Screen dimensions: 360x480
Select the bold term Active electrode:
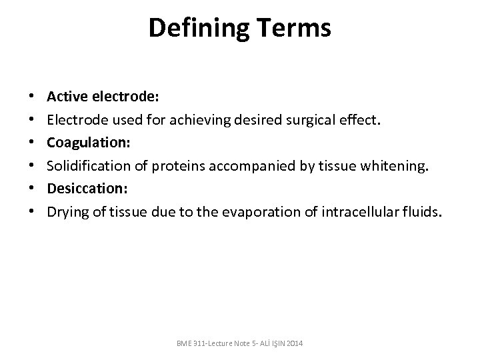[103, 96]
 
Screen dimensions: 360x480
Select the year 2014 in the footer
[292, 343]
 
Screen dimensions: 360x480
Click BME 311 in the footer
[190, 343]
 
